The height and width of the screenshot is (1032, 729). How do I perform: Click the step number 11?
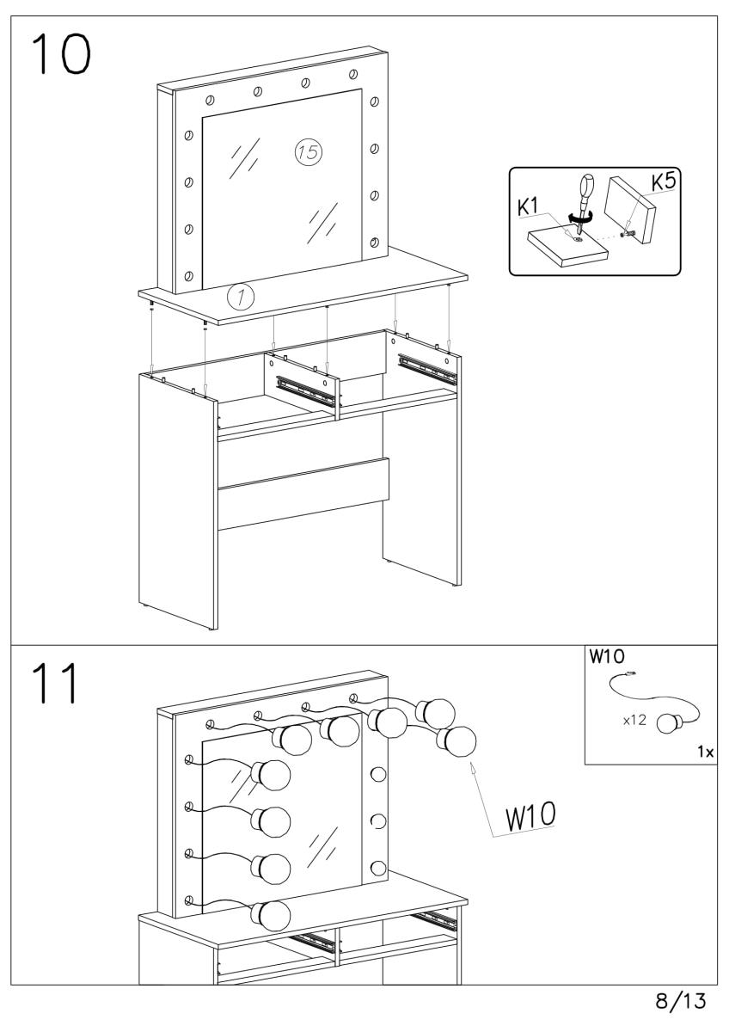click(x=53, y=684)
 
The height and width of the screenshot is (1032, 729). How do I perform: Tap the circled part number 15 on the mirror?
click(x=308, y=152)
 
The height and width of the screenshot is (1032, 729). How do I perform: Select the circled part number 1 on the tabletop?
click(x=240, y=297)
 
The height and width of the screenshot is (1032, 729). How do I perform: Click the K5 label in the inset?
click(x=662, y=182)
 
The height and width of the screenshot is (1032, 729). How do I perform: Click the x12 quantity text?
click(x=634, y=720)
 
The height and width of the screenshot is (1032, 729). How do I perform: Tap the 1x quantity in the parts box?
click(x=705, y=752)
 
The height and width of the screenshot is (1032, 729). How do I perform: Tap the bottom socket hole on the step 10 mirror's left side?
click(x=188, y=276)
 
